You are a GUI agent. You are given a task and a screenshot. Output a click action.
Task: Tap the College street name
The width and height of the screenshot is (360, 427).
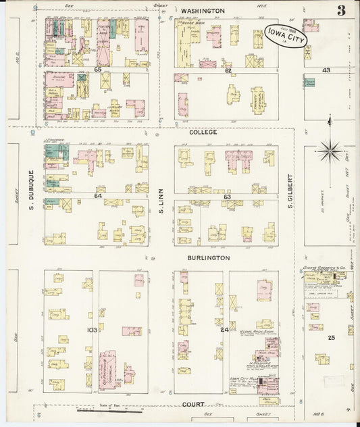coord(203,132)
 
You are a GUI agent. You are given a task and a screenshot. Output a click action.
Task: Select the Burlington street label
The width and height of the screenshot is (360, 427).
coord(209,258)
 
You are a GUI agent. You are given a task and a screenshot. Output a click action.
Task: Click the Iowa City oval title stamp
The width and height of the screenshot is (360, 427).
coord(286,38)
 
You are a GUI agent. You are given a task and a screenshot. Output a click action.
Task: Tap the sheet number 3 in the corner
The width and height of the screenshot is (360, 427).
coord(342,10)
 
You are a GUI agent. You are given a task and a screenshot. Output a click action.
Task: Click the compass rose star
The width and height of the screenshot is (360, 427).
coord(329,150)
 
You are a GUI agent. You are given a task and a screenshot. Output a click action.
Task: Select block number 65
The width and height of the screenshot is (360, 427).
coord(97,70)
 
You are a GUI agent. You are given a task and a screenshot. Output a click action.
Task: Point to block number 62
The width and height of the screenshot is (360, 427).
coord(228,70)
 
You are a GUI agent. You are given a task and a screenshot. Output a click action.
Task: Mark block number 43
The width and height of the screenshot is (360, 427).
coord(326,70)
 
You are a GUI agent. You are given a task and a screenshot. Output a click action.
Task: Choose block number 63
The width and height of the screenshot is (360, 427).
coord(228,197)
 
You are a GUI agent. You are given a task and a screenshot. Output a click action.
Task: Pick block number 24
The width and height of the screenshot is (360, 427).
coord(224,329)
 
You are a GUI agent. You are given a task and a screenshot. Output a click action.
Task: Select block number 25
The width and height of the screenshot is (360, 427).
coord(331,336)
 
